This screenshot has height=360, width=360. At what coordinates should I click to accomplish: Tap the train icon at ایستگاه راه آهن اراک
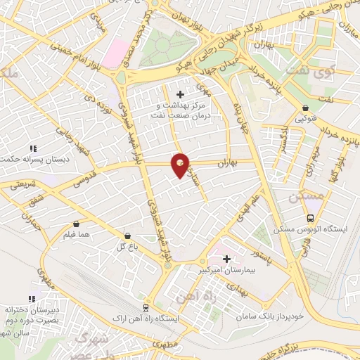[x=146, y=307]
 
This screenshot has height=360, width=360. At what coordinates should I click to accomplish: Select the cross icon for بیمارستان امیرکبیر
[x=226, y=259]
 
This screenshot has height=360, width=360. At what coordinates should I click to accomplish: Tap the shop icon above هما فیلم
[x=75, y=223]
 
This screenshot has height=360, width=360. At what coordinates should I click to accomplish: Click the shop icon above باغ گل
[x=127, y=236]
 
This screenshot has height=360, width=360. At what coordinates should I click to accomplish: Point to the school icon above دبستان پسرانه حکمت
[x=32, y=148]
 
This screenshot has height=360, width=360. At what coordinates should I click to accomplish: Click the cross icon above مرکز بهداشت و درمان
[x=180, y=94]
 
